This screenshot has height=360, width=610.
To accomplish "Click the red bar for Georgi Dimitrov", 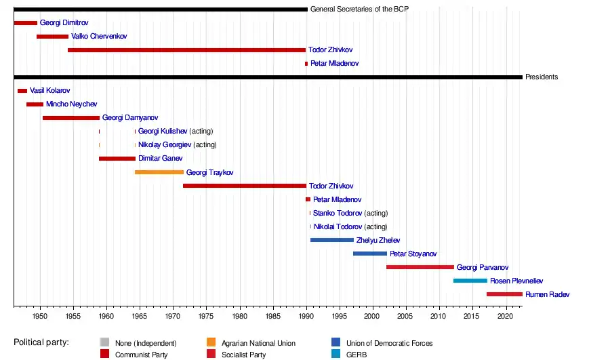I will pos(25,23).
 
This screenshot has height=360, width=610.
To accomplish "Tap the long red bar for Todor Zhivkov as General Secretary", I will pos(186,50).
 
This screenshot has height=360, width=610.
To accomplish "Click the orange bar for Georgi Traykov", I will pos(159,172).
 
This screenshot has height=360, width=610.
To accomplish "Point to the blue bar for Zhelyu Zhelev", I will pos(332,240).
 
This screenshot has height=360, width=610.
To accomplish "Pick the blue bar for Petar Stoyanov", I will pos(370,254).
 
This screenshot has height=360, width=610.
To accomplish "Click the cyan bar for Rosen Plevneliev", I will pos(470,281).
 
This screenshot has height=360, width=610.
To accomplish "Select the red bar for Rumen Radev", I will pos(504,294).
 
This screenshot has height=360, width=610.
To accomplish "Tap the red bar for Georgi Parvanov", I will pos(420,267).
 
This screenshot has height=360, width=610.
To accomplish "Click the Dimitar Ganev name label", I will pos(160,159).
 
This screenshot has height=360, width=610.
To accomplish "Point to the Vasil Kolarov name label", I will pos(49,91).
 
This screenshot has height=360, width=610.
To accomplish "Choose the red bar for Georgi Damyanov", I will pos(71,118).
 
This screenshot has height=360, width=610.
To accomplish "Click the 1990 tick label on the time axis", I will pos(306,317).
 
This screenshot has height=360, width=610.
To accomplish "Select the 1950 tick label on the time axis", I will pos(40,317).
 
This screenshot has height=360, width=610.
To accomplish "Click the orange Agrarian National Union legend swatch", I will pos(211,343).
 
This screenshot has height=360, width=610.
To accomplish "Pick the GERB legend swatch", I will pos(336,354).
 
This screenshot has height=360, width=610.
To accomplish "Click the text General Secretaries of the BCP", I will pos(359,9).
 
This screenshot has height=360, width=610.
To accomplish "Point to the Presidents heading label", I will pos(542,77).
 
